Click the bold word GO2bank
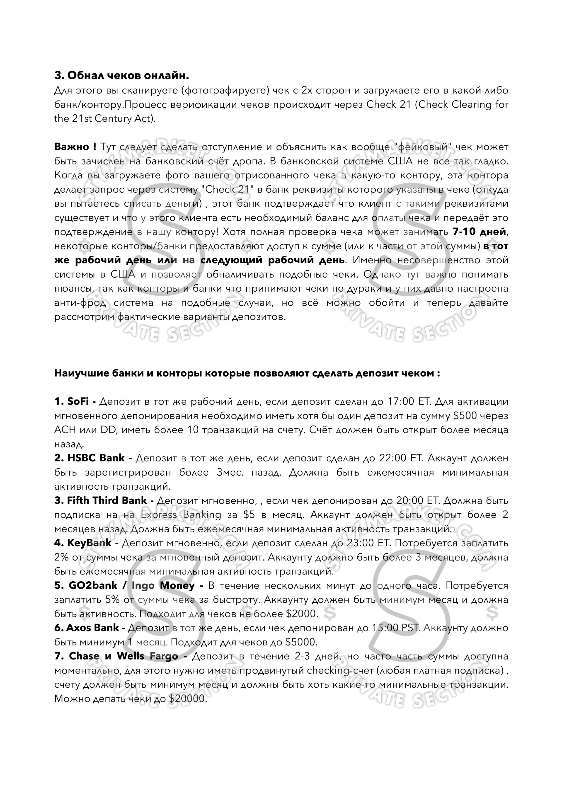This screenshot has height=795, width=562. click(93, 585)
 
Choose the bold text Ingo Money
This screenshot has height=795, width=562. click(163, 585)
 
